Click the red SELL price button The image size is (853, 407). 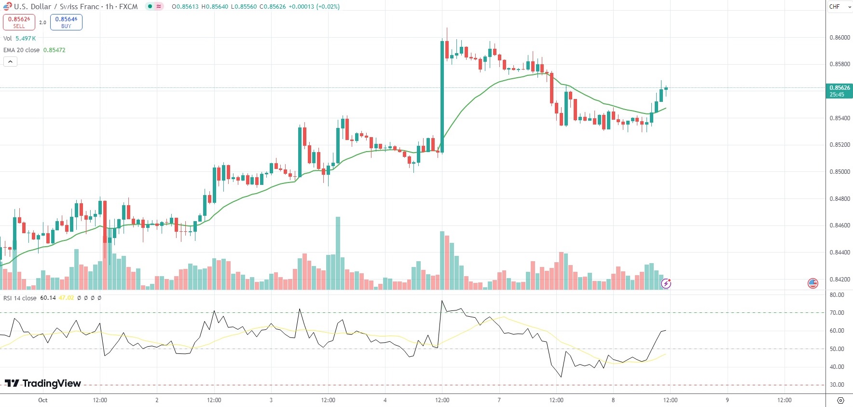coord(19,22)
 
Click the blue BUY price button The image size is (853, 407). coord(66,22)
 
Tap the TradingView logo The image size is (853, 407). coord(43,383)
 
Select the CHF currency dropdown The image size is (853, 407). coord(839,7)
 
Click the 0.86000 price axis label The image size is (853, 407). coord(839,38)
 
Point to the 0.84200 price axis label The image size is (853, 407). coord(839,280)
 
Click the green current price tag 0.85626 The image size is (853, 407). coord(839,91)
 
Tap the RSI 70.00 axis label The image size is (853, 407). coord(837,313)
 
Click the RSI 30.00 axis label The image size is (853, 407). coord(837,385)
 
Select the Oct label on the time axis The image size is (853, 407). coord(43,400)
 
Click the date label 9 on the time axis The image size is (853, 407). coord(727,400)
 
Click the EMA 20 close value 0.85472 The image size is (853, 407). coord(55,50)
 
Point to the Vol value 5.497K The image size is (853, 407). coord(26,39)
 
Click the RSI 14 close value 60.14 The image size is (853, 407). coord(48,298)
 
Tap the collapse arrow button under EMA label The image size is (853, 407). coord(10,62)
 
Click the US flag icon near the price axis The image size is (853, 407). coord(813,283)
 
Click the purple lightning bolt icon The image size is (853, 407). coord(666,283)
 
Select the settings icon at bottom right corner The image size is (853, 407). coord(840,401)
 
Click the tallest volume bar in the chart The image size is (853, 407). coord(338,253)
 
